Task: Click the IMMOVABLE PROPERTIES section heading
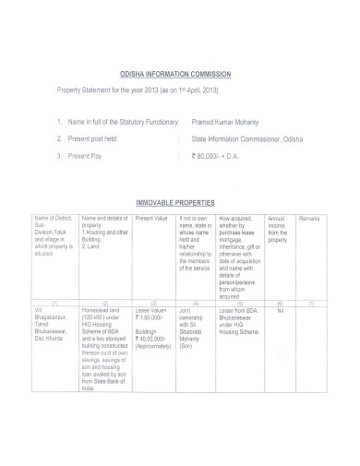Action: [x=175, y=201]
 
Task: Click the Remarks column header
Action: [x=309, y=218]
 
